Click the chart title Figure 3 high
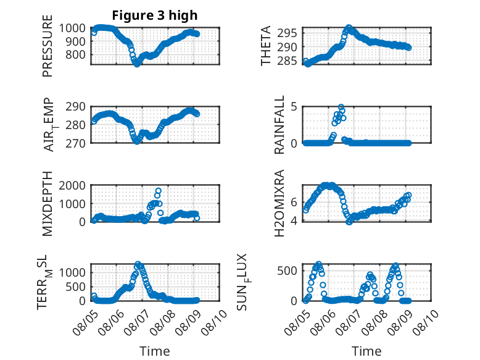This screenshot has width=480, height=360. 155,15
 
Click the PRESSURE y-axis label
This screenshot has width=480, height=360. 48,46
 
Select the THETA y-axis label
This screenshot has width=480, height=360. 266,46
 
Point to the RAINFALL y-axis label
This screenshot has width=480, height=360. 279,125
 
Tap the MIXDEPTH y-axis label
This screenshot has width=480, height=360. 48,204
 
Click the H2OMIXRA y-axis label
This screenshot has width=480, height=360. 279,203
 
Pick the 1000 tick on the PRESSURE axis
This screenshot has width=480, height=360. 72,28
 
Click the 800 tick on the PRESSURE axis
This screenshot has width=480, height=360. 75,55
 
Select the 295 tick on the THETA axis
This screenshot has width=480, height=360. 287,33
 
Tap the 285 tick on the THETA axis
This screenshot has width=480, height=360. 287,61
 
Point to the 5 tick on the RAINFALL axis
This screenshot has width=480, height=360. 294,107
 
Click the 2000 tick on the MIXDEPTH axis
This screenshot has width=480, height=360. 72,185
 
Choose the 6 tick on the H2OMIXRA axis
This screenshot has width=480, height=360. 294,202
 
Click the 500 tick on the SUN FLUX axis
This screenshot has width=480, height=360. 287,270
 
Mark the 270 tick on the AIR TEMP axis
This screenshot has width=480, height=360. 75,143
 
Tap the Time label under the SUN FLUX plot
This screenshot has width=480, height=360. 366,351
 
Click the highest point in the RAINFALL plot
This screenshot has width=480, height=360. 341,107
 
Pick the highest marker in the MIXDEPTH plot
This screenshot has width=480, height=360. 159,191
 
